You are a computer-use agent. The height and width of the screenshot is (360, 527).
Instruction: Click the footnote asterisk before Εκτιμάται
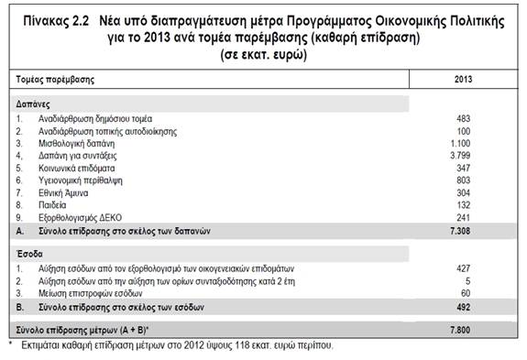point(11,345)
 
